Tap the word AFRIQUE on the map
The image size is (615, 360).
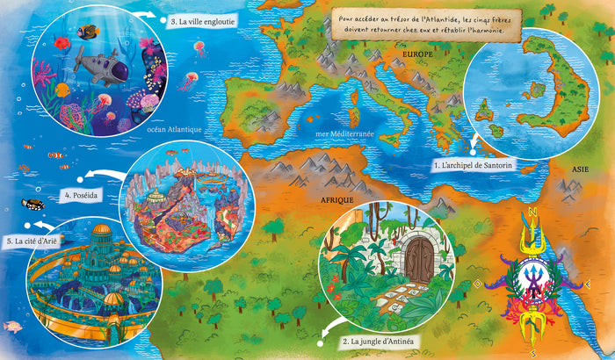[336, 201]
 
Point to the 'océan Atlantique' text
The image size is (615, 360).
[176, 129]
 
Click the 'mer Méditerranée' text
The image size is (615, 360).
[344, 134]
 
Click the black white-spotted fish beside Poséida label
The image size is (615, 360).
[33, 205]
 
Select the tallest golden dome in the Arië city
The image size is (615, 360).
[101, 234]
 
